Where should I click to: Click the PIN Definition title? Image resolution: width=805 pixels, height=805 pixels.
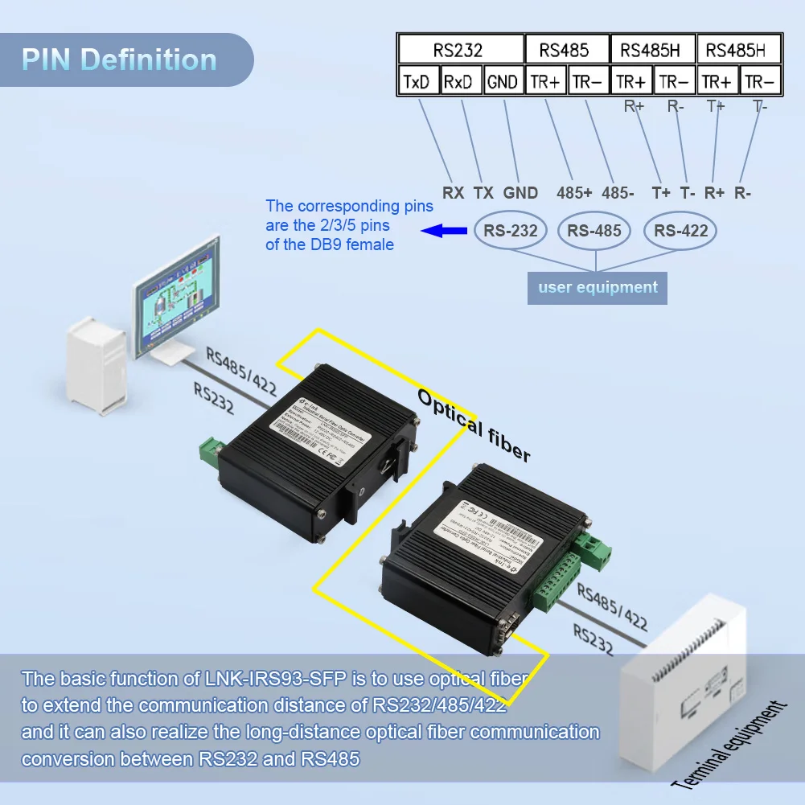[x=119, y=60]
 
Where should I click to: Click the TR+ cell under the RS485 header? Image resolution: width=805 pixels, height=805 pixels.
[x=544, y=81]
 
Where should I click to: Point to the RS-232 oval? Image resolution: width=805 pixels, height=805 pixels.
[x=511, y=231]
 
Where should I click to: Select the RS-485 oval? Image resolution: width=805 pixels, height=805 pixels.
[x=594, y=231]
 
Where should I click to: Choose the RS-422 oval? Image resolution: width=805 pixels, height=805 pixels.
[x=680, y=231]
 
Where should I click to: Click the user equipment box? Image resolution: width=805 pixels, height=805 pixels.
[x=598, y=287]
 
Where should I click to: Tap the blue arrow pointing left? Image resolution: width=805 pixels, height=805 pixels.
[x=445, y=231]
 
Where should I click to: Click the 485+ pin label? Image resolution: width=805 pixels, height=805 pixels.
[x=574, y=193]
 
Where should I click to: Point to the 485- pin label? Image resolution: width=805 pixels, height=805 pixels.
[x=618, y=193]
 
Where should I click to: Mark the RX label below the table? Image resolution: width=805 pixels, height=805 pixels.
[x=454, y=193]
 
